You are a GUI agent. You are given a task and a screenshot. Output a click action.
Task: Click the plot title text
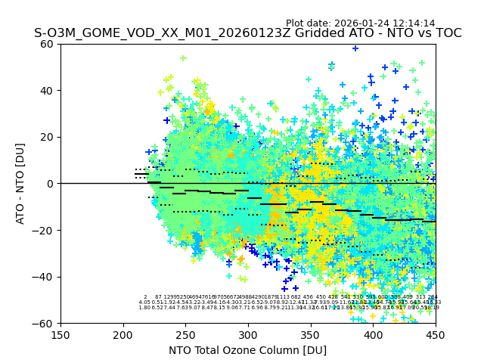[x=247, y=33]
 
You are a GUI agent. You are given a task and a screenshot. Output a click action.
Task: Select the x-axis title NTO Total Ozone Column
[x=247, y=350]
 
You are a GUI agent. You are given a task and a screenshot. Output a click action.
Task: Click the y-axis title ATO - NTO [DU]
[x=20, y=183]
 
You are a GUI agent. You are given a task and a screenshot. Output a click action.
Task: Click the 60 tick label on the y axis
[x=48, y=44]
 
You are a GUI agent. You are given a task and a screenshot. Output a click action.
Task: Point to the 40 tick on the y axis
[x=48, y=91]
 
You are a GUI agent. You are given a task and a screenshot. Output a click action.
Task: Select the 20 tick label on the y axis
[x=48, y=137]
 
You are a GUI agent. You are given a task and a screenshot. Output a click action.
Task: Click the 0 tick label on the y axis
[x=51, y=184]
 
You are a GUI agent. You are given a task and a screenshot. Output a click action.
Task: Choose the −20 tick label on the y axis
[x=45, y=230]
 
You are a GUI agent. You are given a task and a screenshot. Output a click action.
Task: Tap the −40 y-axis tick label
[x=45, y=277]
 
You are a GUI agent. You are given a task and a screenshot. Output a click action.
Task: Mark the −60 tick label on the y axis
[x=45, y=323]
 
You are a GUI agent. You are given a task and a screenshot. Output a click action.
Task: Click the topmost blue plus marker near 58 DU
[x=355, y=48]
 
